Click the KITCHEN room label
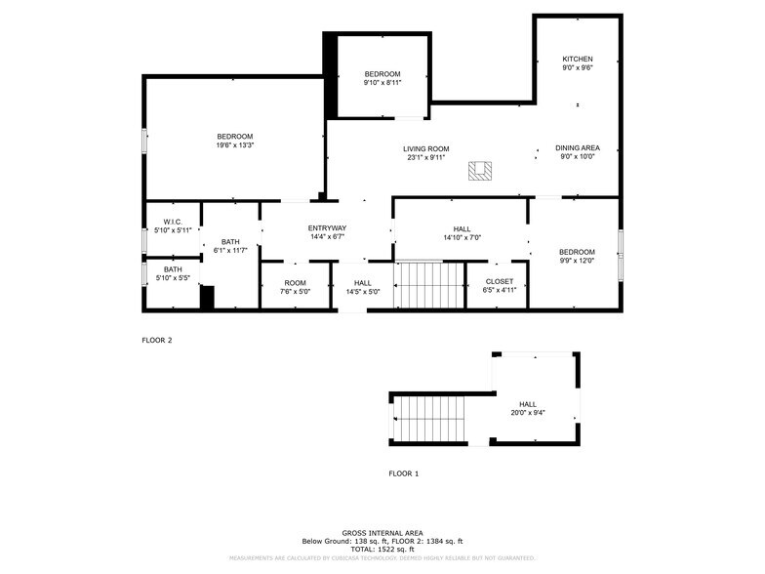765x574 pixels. point(577,59)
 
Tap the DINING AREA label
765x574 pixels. point(578,147)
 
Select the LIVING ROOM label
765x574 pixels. point(425,148)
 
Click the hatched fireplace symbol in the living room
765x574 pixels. point(479,172)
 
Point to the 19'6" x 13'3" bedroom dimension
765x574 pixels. point(234,145)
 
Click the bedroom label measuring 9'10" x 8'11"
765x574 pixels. point(382,74)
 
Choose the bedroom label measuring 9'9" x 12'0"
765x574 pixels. point(577,252)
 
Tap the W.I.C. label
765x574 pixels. point(173,222)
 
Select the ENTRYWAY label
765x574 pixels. point(327,227)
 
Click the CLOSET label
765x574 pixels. point(499,281)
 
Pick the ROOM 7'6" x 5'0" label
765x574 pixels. point(295,283)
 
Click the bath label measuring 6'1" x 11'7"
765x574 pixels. point(230,242)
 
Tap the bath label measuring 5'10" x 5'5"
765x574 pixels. point(173,269)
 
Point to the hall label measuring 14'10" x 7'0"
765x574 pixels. point(462,228)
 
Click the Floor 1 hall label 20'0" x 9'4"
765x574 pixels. point(527,404)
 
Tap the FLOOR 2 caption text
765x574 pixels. point(157,341)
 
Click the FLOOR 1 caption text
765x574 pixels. point(403,473)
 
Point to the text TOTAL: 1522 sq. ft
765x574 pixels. point(382,548)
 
